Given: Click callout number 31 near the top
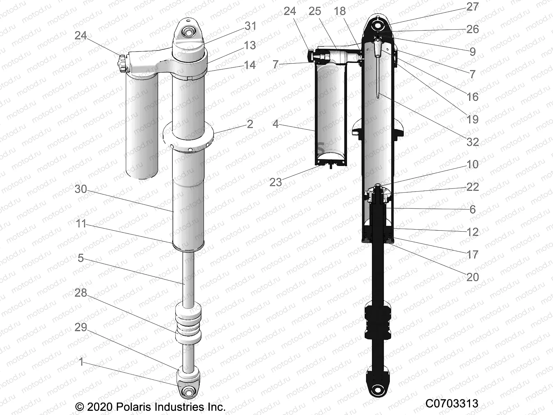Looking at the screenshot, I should point(251,26).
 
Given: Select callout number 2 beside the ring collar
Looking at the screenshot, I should point(250,124).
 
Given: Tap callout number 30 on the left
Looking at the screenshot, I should point(81,189).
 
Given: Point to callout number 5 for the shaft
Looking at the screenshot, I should point(81,258).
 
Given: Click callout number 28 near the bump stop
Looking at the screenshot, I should point(81,293).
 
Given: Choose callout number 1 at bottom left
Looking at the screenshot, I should point(81,362).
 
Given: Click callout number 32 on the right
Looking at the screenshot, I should point(472,142).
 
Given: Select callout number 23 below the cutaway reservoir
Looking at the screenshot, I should point(275,182).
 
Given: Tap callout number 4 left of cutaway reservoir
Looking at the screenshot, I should point(275,124).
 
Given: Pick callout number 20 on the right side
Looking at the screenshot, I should point(472,277).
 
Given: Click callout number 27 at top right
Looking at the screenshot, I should point(472,7).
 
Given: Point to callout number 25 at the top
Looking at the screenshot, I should point(315,11).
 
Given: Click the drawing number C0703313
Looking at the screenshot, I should point(452,404).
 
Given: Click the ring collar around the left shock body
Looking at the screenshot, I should point(188,137).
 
